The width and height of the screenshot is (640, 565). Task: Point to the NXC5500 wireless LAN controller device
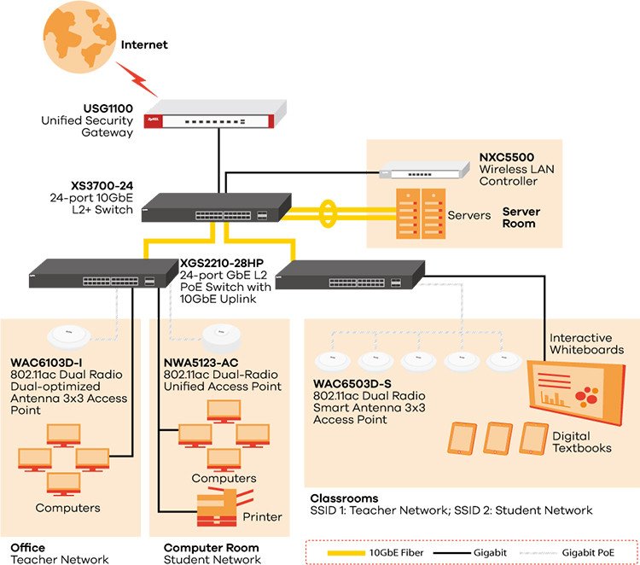point(422,172)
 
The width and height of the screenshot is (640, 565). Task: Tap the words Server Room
point(520,217)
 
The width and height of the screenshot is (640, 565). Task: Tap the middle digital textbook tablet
point(497,438)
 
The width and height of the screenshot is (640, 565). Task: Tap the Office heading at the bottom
point(27,547)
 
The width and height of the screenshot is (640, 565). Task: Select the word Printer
point(262,516)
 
